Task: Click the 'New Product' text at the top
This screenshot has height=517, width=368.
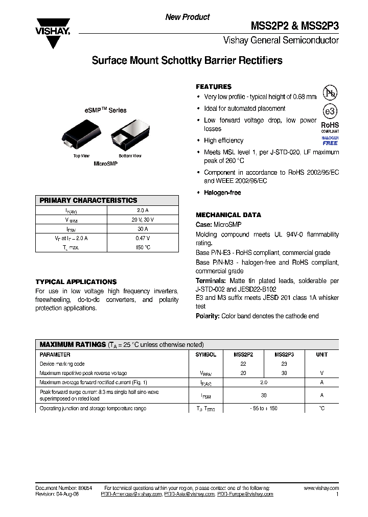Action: [x=187, y=17]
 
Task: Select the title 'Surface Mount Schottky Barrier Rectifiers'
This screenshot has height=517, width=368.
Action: [x=187, y=61]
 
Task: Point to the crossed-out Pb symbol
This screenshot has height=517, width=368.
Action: [x=330, y=93]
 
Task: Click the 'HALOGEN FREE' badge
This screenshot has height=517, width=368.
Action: [x=330, y=140]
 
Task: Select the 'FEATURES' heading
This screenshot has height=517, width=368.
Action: [x=214, y=87]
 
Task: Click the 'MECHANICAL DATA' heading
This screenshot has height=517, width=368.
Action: [x=228, y=215]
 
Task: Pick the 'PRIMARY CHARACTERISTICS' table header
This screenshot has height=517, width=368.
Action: [x=88, y=200]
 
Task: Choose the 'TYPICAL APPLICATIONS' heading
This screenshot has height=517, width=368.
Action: [x=76, y=281]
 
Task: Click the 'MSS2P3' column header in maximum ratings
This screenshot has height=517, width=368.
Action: [x=284, y=355]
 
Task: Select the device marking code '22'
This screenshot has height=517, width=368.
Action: [x=243, y=364]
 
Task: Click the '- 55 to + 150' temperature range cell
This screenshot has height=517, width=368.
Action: [x=264, y=408]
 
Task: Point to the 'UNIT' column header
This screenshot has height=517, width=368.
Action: [x=321, y=355]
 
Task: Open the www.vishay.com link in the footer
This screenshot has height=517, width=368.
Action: [x=321, y=488]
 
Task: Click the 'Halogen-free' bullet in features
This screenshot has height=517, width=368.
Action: [x=222, y=193]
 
